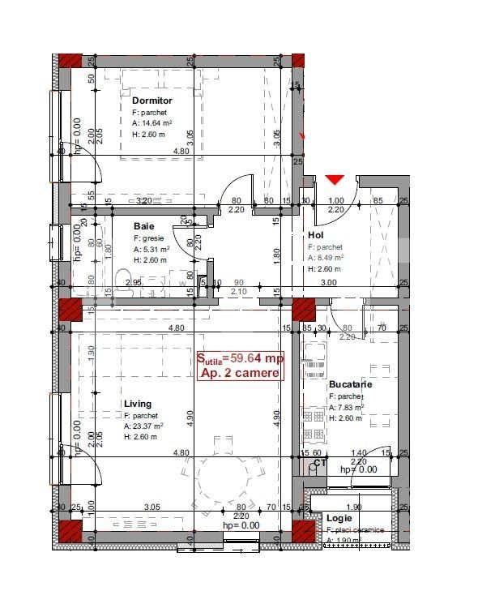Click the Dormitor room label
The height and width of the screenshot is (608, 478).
(152, 101)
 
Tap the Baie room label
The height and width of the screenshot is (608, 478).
(143, 226)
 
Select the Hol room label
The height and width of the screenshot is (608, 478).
(315, 236)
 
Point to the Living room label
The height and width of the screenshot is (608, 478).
(137, 404)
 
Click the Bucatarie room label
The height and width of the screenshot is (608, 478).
(350, 384)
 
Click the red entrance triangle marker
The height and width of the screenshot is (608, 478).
(335, 179)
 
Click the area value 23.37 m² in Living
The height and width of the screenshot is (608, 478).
(143, 426)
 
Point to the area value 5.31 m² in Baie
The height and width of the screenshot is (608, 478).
(150, 250)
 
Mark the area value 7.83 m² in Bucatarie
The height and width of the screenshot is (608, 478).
(349, 408)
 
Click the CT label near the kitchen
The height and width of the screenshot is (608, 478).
(320, 464)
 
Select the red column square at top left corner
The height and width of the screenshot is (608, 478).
(69, 62)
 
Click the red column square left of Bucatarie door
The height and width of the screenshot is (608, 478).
(303, 309)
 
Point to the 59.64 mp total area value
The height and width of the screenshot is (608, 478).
(257, 358)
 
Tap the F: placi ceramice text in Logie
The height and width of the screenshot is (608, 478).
(356, 530)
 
